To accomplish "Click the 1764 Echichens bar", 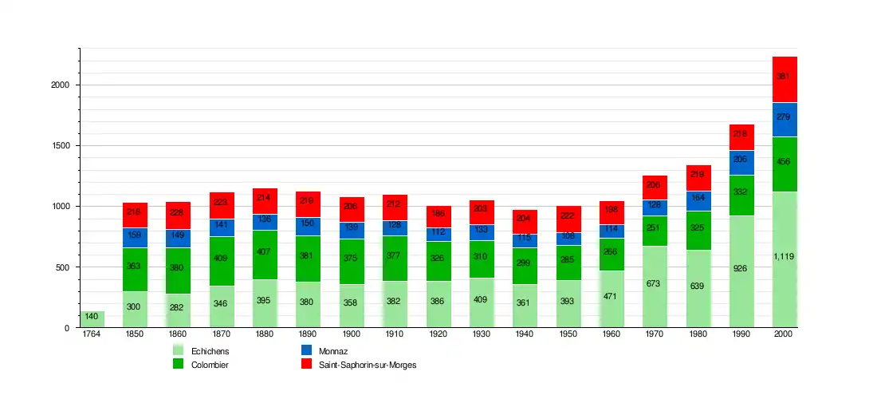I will (92, 319).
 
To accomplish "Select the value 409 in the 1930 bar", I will (482, 300).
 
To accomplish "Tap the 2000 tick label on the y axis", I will (60, 85).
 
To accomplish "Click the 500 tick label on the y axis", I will (63, 267).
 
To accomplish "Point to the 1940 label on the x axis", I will (525, 334).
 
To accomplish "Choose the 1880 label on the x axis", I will (265, 334).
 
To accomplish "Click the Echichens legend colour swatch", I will (179, 350).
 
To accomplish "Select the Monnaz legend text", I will (332, 351).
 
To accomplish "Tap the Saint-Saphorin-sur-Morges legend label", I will (368, 365).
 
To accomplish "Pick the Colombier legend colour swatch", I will (179, 364).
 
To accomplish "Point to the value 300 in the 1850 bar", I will (135, 307).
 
